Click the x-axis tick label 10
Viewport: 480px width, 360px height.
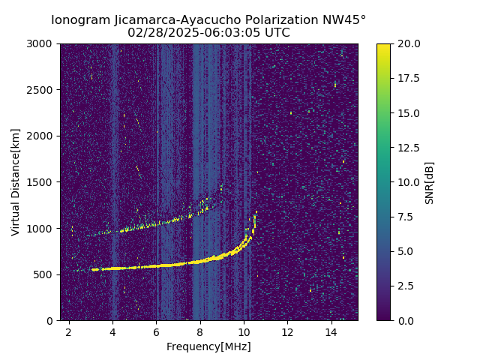point(243,331)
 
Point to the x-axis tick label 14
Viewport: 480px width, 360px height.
point(331,331)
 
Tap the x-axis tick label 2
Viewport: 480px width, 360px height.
point(69,331)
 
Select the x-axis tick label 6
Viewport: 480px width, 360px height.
point(156,331)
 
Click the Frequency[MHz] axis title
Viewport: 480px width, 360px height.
point(208,346)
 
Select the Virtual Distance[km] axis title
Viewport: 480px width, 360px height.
point(16,182)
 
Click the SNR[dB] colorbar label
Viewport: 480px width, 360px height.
point(430,182)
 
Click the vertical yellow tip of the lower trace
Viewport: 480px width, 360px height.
point(255,220)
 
